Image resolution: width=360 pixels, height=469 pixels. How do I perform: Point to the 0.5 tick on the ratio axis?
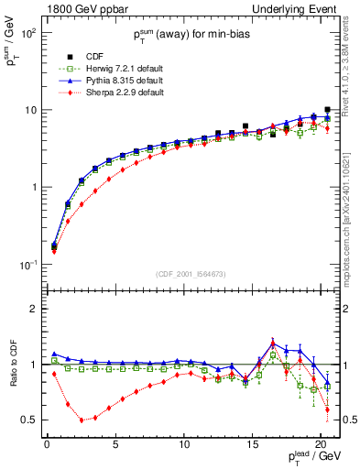pyautogui.click(x=30, y=420)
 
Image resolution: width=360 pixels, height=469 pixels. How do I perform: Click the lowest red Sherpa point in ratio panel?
pyautogui.click(x=82, y=420)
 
